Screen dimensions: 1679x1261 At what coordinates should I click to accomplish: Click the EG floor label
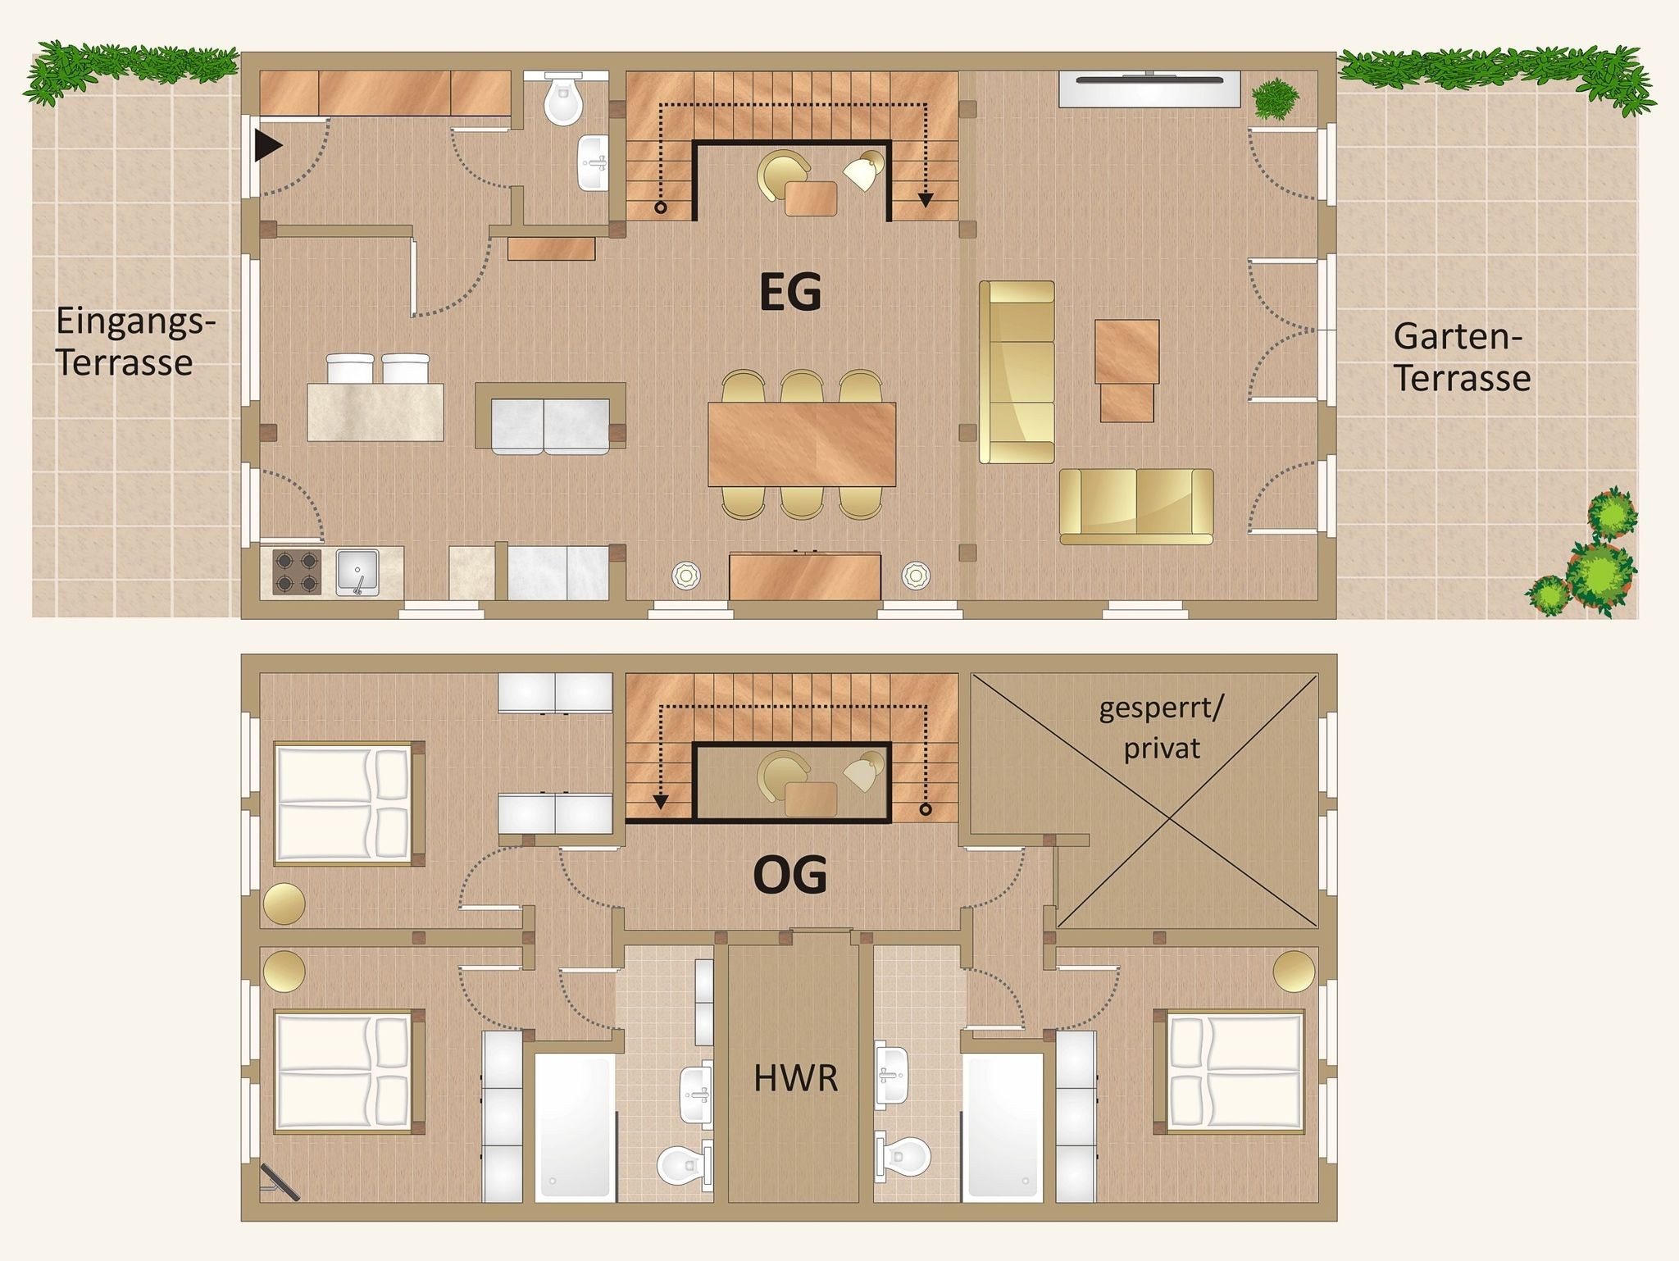790,294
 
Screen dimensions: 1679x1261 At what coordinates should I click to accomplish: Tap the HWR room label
796,1079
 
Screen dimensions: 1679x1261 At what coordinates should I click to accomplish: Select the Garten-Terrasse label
1463,357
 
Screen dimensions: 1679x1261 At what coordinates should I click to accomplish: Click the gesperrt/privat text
1161,727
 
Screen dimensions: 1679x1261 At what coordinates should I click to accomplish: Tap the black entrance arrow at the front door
268,146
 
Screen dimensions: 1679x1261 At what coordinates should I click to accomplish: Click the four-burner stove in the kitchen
296,571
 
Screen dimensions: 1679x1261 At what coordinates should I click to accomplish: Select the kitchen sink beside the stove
357,571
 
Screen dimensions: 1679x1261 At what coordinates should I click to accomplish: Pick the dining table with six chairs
802,444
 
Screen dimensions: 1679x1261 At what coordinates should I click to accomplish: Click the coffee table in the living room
1127,371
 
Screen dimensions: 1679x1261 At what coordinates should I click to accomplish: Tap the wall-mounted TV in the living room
1149,89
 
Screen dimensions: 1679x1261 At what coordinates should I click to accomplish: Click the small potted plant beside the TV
1276,98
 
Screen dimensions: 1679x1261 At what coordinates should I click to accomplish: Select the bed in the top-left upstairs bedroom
349,803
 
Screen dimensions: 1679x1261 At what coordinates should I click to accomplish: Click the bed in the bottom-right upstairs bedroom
1228,1072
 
